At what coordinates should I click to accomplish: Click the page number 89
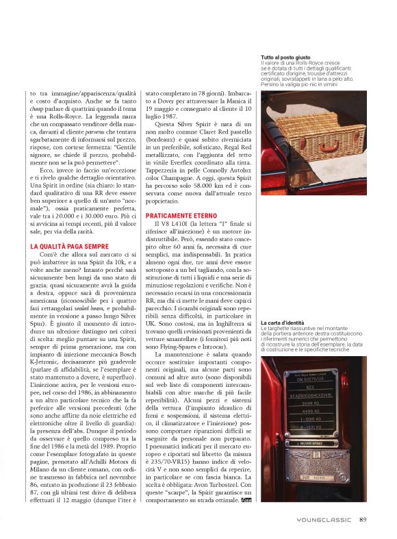pyautogui.click(x=363, y=518)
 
